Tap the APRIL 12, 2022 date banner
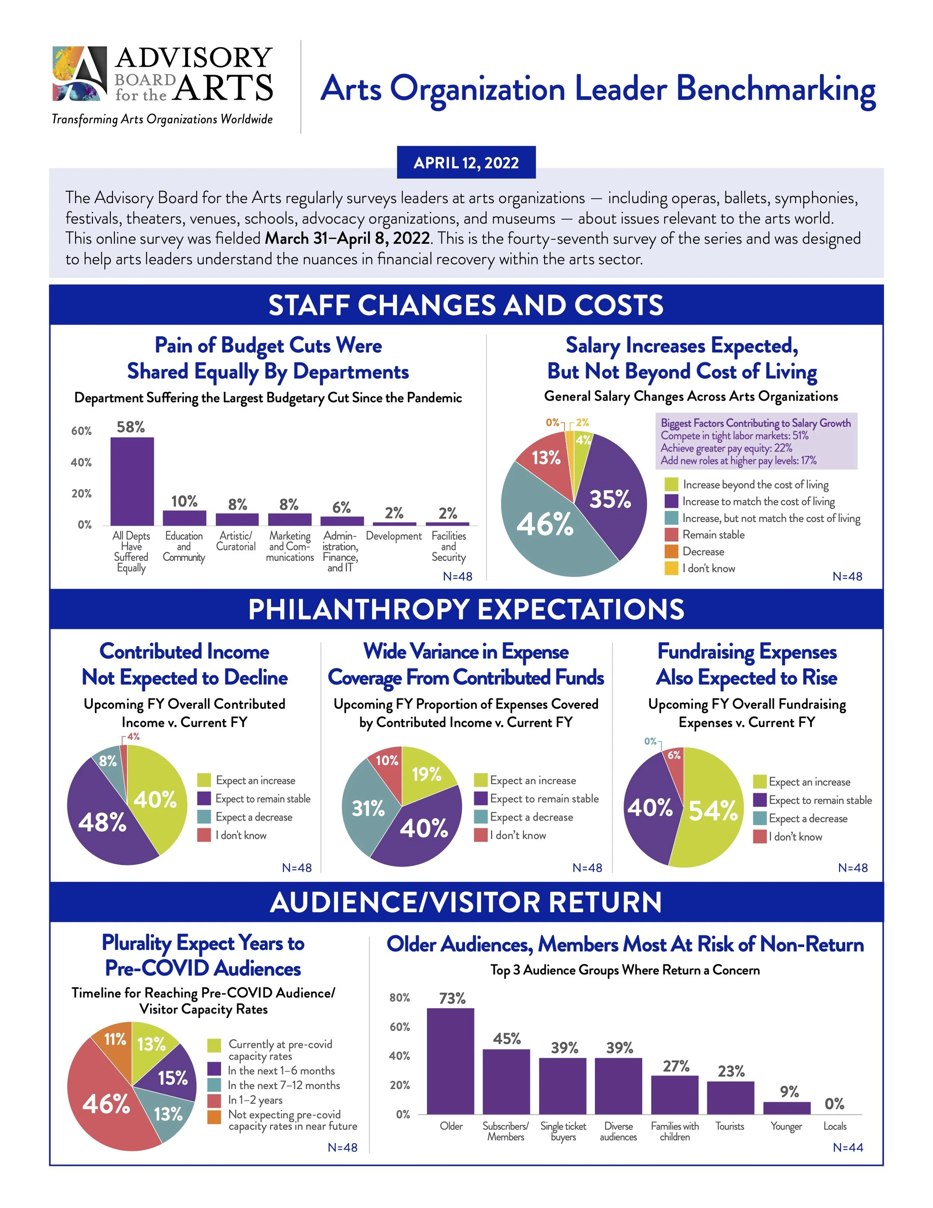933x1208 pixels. [466, 162]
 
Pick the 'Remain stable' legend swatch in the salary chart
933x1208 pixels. [671, 535]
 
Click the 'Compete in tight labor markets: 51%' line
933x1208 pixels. [734, 436]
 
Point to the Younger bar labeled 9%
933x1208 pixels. [787, 1108]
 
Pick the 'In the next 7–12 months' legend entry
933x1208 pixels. [284, 1085]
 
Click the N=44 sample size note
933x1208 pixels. [847, 1148]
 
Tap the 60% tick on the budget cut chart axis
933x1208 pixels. [81, 431]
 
